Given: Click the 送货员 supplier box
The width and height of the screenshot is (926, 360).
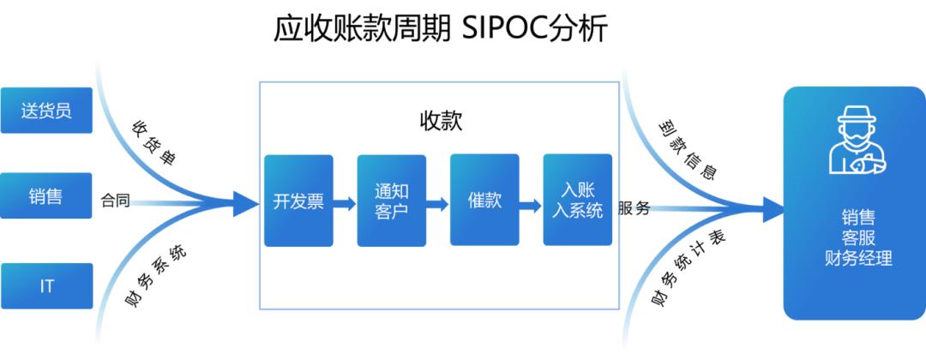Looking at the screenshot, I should (x=46, y=110).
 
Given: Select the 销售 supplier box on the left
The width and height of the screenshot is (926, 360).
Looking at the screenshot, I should (x=46, y=196).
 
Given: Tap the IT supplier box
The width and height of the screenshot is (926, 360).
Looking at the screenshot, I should (x=46, y=285).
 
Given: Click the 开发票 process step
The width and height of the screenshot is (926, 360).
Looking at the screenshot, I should (x=298, y=201).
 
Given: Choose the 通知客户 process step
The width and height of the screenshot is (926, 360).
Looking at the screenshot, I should (x=391, y=201).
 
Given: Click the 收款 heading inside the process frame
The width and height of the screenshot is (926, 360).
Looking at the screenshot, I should (x=440, y=121).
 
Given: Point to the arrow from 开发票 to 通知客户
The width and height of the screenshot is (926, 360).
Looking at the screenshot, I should (x=345, y=204).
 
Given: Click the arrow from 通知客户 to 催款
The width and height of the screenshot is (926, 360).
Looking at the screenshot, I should (x=438, y=204).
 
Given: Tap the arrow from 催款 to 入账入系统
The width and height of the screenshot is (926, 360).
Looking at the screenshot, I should (x=532, y=204).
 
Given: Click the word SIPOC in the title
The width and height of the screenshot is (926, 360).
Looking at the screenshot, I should (x=497, y=29).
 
